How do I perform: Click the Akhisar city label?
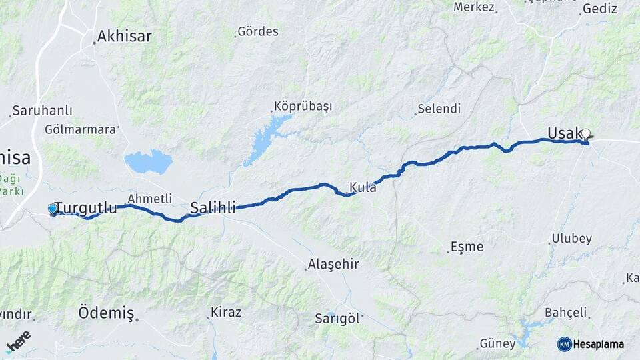pyautogui.click(x=124, y=36)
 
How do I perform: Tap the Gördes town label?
pyautogui.click(x=258, y=31)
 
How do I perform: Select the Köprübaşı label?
pyautogui.click(x=303, y=107)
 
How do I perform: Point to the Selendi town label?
pyautogui.click(x=439, y=108)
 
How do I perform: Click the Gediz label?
pyautogui.click(x=600, y=9)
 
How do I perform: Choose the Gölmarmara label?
pyautogui.click(x=80, y=129)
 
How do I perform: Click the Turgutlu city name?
pyautogui.click(x=85, y=207)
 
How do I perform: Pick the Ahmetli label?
pyautogui.click(x=149, y=199)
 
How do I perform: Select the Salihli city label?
pyautogui.click(x=213, y=207)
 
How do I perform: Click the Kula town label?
pyautogui.click(x=363, y=187)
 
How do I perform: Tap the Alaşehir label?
pyautogui.click(x=333, y=264)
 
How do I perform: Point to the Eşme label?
pyautogui.click(x=467, y=247)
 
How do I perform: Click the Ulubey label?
pyautogui.click(x=571, y=239)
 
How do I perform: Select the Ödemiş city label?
pyautogui.click(x=106, y=313)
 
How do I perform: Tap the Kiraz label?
pyautogui.click(x=226, y=311)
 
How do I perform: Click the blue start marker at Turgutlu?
pyautogui.click(x=53, y=209)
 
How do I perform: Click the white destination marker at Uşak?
pyautogui.click(x=585, y=134)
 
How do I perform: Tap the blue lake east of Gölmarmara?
pyautogui.click(x=148, y=161)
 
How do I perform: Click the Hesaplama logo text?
pyautogui.click(x=597, y=344)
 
